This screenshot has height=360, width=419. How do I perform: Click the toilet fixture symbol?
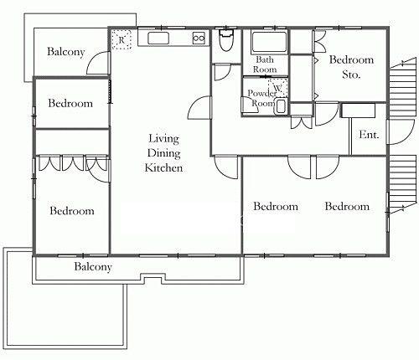(x=226, y=40)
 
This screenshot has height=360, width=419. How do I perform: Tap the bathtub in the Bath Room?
(x=269, y=42)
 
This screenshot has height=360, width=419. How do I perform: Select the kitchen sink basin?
(x=158, y=39)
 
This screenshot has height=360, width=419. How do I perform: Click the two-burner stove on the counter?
(x=199, y=38)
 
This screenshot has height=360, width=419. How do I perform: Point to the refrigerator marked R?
(x=122, y=39)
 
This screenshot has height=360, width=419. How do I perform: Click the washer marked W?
(x=278, y=88)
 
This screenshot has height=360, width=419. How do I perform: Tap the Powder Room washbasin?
(x=281, y=106)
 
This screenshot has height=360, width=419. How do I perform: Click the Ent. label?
(x=369, y=135)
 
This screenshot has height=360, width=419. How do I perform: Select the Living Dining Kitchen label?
(x=163, y=153)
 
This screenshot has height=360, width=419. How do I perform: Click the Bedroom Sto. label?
(x=351, y=67)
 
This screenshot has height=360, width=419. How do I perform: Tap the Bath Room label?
(x=265, y=64)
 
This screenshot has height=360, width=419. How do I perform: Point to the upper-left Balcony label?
(x=66, y=52)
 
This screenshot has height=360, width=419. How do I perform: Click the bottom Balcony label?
(x=93, y=267)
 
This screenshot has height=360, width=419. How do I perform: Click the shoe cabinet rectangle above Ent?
(x=359, y=111)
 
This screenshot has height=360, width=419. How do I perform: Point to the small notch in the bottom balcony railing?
(x=153, y=279)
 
